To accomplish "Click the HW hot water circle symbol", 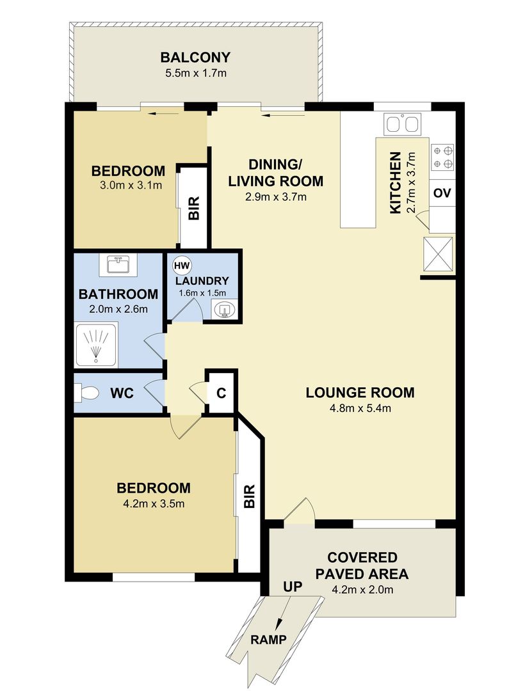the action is (x=181, y=266).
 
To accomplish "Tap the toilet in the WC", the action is (x=86, y=393).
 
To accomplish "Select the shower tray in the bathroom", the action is (x=97, y=345).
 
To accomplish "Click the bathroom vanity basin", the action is (x=118, y=266).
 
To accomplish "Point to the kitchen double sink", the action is (x=402, y=124).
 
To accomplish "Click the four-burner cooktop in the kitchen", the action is (x=442, y=157).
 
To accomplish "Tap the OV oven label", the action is (x=442, y=193).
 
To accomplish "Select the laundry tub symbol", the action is (x=224, y=310).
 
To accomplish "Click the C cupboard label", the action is (x=222, y=393).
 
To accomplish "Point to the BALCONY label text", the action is (x=195, y=58).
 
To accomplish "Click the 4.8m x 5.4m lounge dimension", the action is (x=360, y=408).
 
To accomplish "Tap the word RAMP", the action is (x=269, y=639).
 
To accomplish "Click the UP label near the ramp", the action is (x=293, y=587).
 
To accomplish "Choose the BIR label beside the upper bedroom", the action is (x=194, y=208).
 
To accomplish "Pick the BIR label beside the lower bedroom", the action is (x=249, y=496).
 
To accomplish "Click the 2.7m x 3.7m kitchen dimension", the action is (x=411, y=183).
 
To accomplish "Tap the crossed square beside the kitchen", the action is (x=438, y=253).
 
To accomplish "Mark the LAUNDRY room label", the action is (x=202, y=281).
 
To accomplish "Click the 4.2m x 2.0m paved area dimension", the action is (x=362, y=589).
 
